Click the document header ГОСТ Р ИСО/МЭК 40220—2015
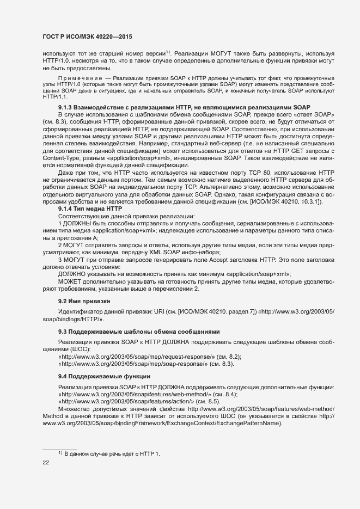(88, 36)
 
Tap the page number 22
(46, 463)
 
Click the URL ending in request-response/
(138, 356)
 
